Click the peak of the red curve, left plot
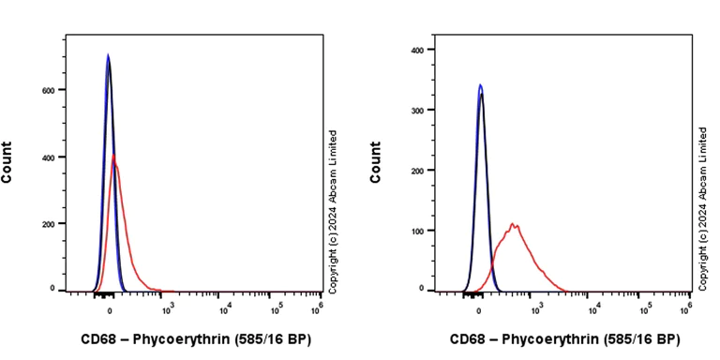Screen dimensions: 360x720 (x=113, y=156)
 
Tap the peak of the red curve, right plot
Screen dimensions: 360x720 (x=513, y=223)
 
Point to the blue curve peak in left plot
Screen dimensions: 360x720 (x=108, y=54)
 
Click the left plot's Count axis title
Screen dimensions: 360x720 (x=7, y=162)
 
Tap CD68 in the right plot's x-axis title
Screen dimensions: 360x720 (x=466, y=338)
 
